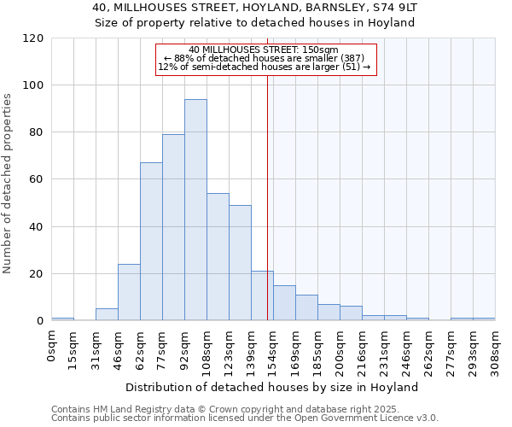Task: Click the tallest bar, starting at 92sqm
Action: (x=195, y=210)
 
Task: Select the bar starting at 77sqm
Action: (x=173, y=227)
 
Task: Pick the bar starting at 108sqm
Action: (x=218, y=257)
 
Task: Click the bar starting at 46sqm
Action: (x=129, y=292)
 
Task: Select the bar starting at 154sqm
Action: (x=284, y=303)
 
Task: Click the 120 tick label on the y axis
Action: (x=33, y=38)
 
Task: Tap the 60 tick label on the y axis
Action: (x=37, y=180)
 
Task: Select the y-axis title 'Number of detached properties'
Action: (x=9, y=184)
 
